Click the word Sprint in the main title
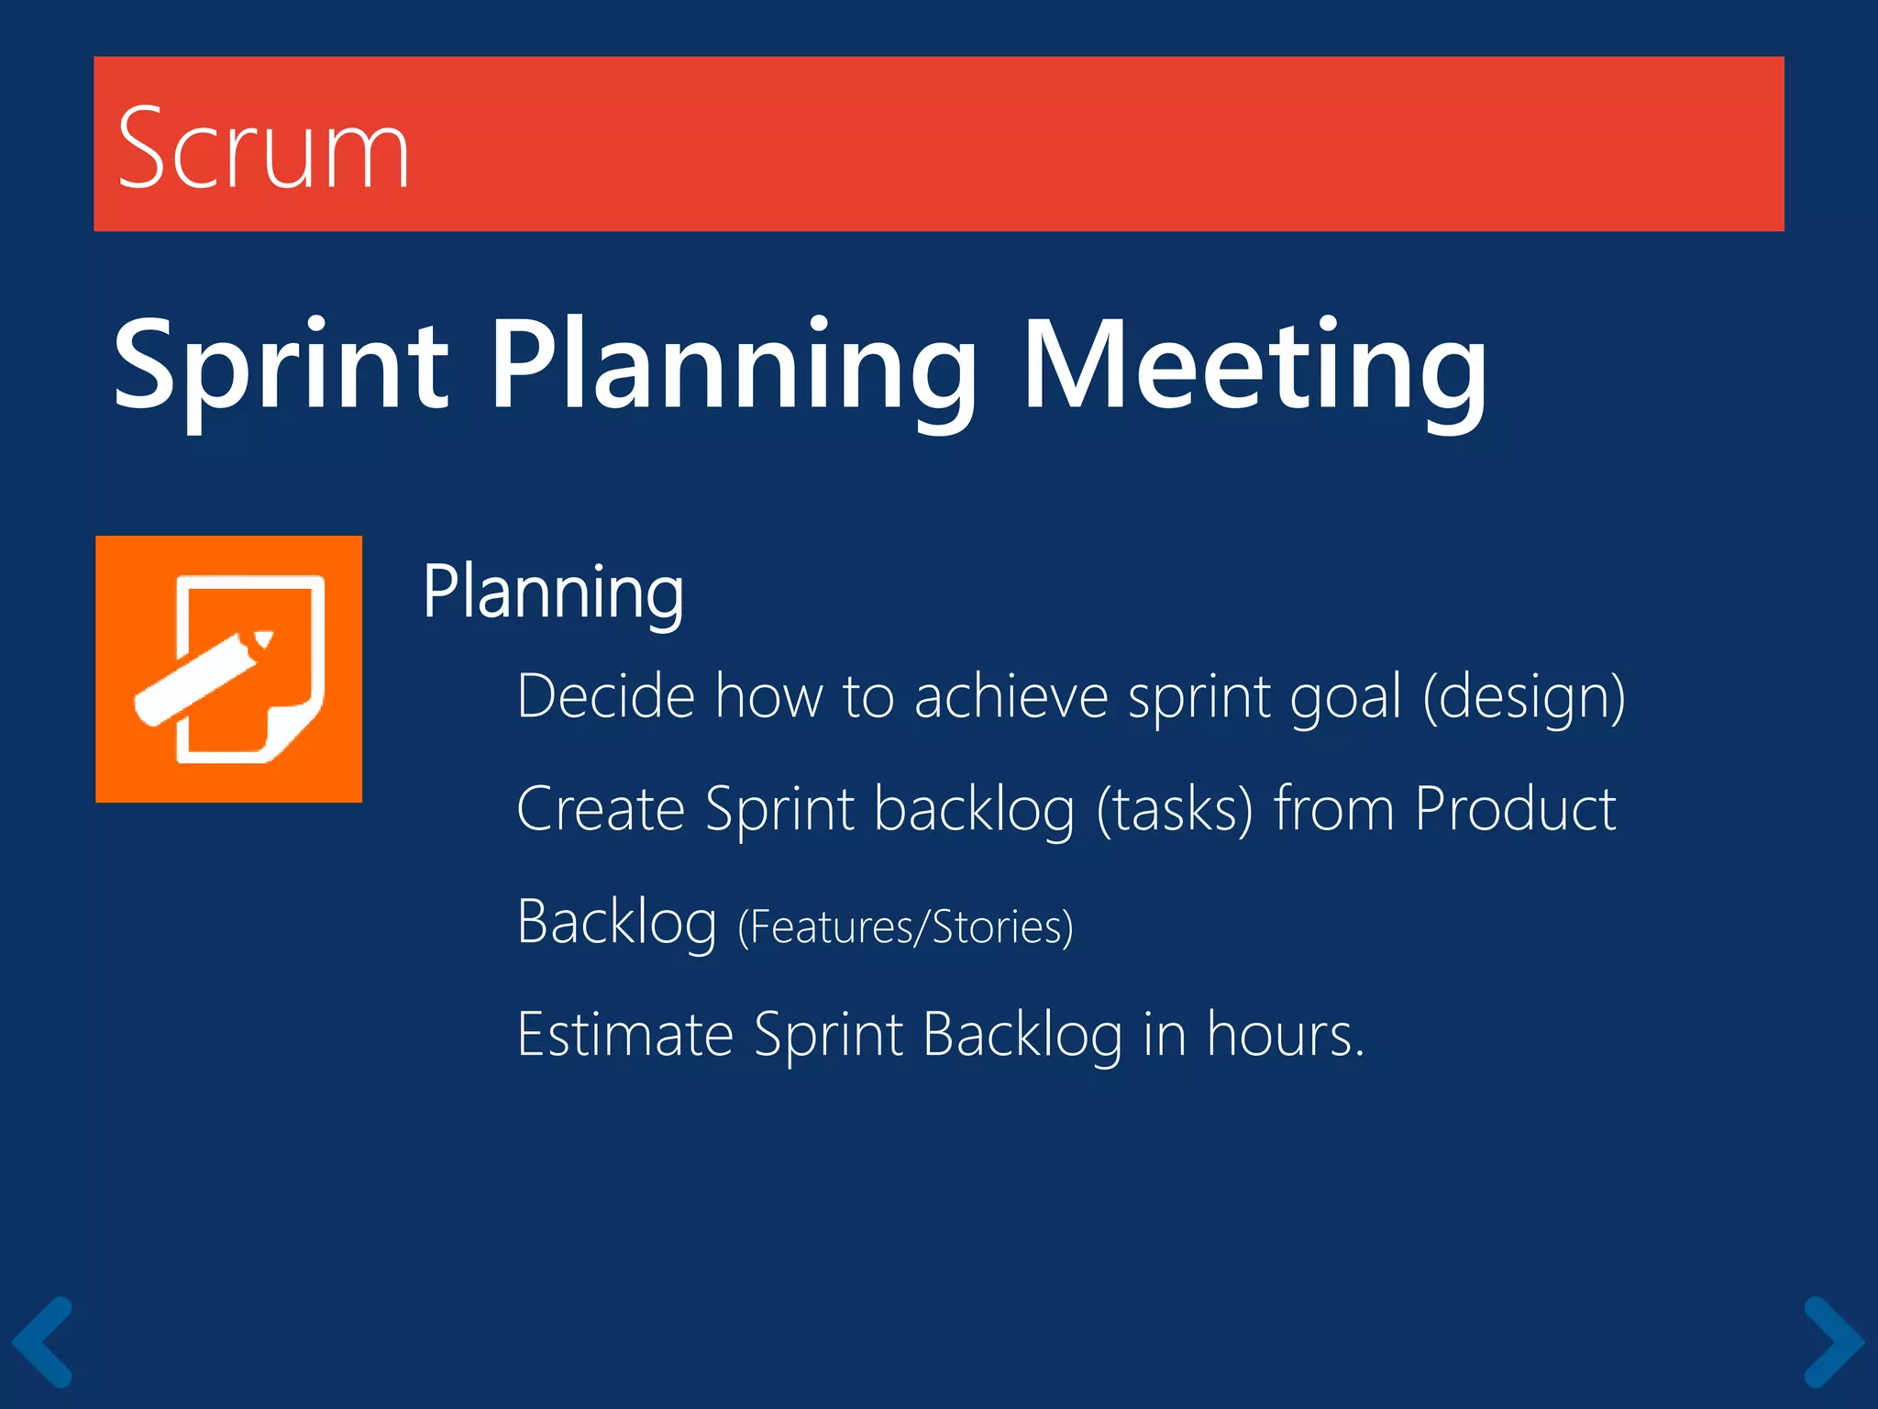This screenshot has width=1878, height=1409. click(280, 365)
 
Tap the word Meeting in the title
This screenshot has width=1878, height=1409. click(1254, 365)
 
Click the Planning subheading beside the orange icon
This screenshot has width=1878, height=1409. click(553, 593)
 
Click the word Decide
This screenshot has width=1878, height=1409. click(606, 696)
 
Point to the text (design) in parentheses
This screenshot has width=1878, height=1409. click(1523, 696)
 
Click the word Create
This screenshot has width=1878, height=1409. click(601, 809)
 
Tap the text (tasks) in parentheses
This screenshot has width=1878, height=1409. click(1175, 809)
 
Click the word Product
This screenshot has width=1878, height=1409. click(1514, 809)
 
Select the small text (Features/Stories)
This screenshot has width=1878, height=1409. click(905, 926)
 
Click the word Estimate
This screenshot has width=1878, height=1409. click(624, 1035)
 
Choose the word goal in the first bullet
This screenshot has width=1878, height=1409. click(1345, 696)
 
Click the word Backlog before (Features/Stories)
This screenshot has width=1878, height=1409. click(616, 922)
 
